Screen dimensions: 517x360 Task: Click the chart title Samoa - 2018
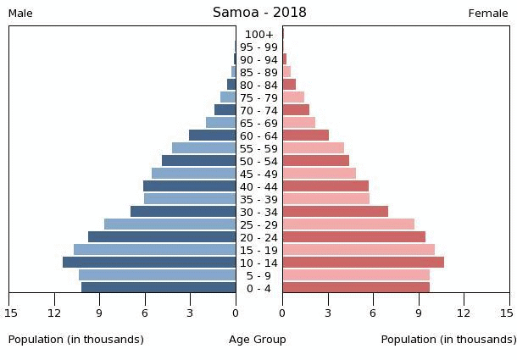[259, 13]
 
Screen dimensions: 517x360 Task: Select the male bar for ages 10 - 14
[149, 263]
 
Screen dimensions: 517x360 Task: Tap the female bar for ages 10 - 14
[364, 263]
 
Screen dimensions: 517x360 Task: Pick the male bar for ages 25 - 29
[170, 224]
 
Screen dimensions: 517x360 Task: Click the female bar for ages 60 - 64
[306, 136]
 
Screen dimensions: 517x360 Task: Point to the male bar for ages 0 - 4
[158, 287]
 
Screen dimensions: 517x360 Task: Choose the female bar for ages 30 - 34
[336, 212]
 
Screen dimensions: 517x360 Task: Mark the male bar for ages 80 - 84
[231, 85]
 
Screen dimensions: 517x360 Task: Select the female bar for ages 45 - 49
[320, 174]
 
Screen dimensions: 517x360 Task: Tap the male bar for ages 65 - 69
[221, 123]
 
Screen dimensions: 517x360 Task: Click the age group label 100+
[259, 34]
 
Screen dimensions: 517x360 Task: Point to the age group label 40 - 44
[258, 187]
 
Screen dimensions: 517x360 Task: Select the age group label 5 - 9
[258, 276]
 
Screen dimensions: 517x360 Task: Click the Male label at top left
[20, 14]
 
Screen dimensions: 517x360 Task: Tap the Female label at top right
[488, 14]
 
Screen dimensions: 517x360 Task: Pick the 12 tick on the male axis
[54, 313]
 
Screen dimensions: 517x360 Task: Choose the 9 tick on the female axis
[419, 313]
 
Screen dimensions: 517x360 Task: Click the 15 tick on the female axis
[507, 313]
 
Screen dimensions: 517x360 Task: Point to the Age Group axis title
[258, 340]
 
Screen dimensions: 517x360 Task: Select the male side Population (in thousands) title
[75, 340]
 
